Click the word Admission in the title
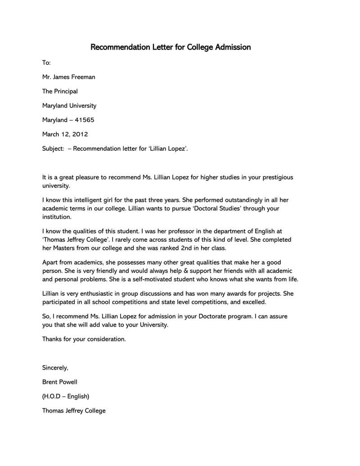[x=229, y=47]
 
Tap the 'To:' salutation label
[x=46, y=63]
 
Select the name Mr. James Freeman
[x=68, y=77]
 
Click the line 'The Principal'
[x=60, y=91]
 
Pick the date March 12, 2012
[x=65, y=134]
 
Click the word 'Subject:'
[x=53, y=149]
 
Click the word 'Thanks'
[x=53, y=339]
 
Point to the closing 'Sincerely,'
[x=55, y=368]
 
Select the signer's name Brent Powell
[x=60, y=382]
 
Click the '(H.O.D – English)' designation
[x=66, y=396]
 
